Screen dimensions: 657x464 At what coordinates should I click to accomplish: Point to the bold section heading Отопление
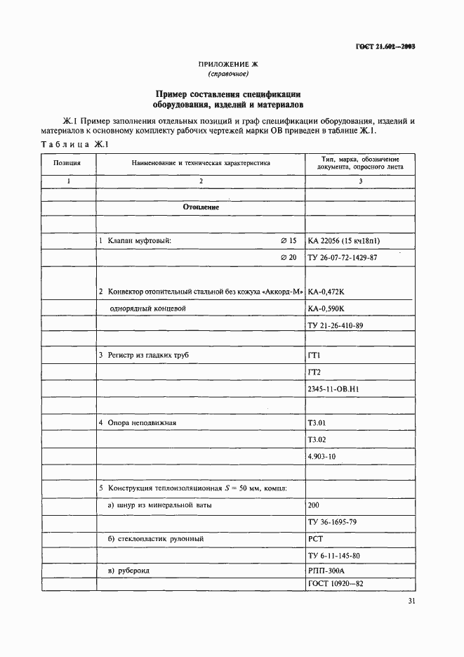pyautogui.click(x=201, y=207)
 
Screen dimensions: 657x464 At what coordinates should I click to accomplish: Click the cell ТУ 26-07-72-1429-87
pyautogui.click(x=342, y=258)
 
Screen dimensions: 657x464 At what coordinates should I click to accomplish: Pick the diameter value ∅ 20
pyautogui.click(x=289, y=258)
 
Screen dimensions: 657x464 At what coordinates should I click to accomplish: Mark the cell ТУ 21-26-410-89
pyautogui.click(x=336, y=327)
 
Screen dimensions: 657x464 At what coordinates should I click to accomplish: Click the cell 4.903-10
pyautogui.click(x=322, y=457)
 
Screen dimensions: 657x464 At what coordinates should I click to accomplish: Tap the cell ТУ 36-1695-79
pyautogui.click(x=332, y=522)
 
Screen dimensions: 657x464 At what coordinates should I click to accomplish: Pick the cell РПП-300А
pyautogui.click(x=325, y=571)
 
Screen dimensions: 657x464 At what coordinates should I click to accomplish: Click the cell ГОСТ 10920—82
pyautogui.click(x=335, y=584)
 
